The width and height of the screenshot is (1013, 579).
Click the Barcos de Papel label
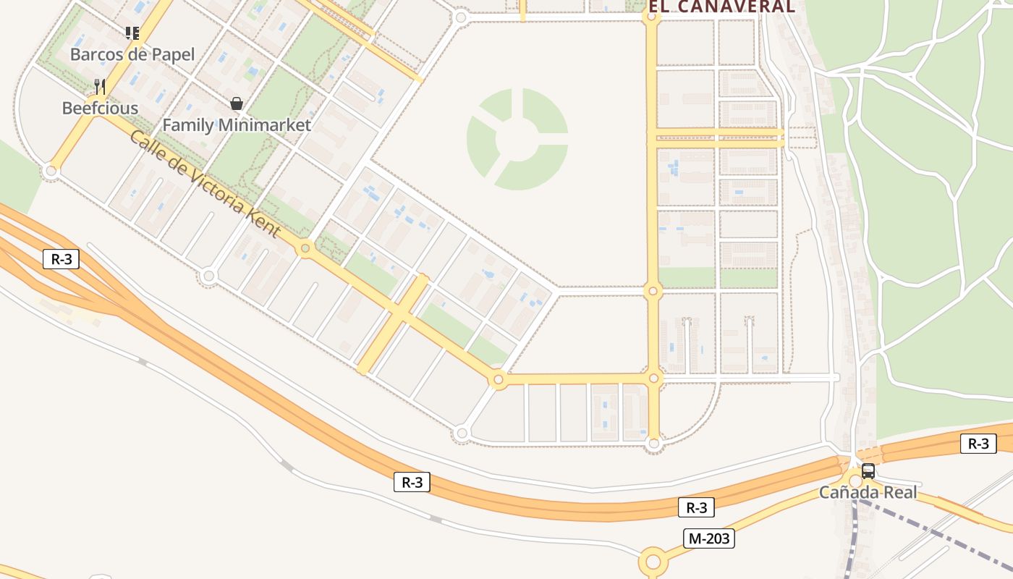click(x=132, y=54)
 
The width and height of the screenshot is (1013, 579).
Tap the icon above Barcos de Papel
click(x=132, y=33)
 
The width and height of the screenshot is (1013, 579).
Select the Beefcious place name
click(x=100, y=109)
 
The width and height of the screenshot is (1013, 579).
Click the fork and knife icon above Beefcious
click(x=100, y=87)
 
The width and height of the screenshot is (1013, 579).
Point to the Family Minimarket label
click(x=237, y=124)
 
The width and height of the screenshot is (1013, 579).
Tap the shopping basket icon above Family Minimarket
click(x=236, y=103)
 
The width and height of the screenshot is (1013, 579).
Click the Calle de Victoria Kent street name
click(x=205, y=182)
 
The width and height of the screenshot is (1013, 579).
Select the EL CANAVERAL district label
click(x=721, y=7)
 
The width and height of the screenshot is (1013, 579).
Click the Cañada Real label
click(x=868, y=493)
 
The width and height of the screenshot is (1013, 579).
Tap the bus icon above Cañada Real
click(x=868, y=471)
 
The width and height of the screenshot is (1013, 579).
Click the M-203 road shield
click(x=709, y=538)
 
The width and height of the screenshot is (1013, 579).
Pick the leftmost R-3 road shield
click(x=61, y=258)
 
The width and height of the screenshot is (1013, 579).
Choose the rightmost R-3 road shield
click(x=978, y=443)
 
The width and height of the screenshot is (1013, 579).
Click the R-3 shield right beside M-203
click(x=696, y=508)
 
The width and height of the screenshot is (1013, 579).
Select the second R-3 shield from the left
click(x=412, y=482)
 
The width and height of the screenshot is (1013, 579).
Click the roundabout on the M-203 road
click(x=653, y=562)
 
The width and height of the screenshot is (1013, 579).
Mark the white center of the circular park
click(x=517, y=138)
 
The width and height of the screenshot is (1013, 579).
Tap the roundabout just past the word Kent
click(x=305, y=249)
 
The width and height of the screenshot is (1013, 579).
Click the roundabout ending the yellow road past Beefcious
click(x=51, y=172)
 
